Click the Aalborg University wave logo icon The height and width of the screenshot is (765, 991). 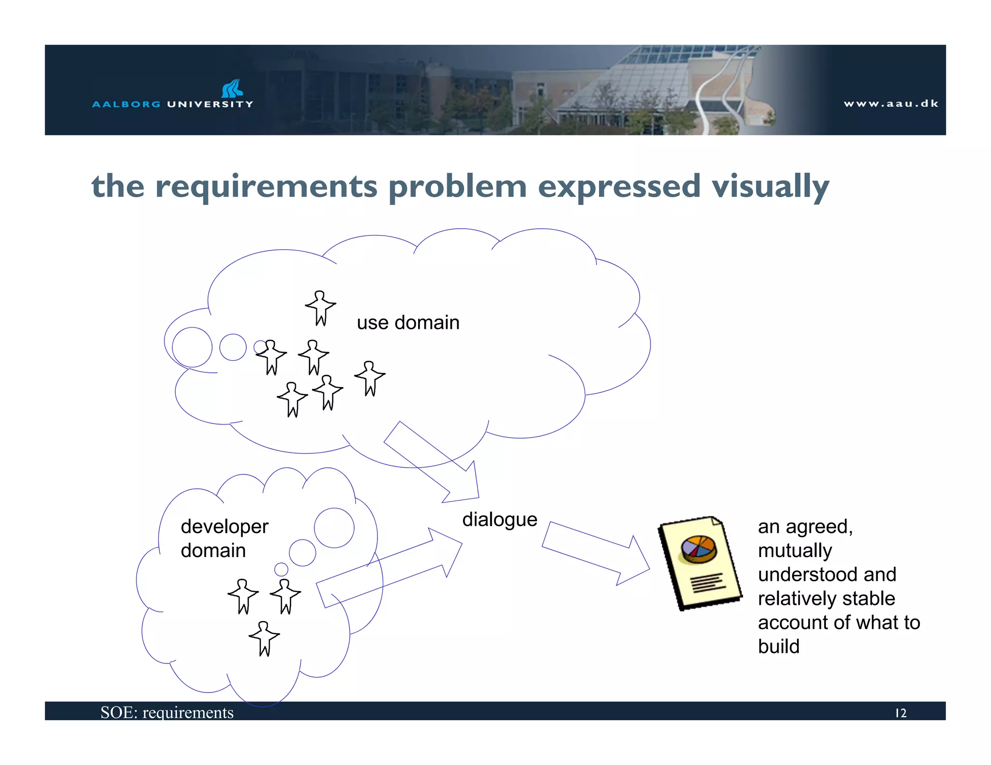point(232,88)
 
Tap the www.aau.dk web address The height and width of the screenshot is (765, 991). point(890,103)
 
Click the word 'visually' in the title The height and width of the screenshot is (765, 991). point(770,187)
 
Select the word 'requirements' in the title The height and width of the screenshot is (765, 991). point(266,187)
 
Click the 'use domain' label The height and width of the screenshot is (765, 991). point(408,323)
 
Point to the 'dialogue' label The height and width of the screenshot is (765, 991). point(499,520)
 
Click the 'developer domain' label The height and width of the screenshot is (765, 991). point(224,538)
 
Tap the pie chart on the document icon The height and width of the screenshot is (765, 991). point(698,549)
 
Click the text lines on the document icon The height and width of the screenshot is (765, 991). point(708,583)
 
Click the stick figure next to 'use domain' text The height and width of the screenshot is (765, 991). point(320,308)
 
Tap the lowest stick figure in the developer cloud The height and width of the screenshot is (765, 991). point(264,638)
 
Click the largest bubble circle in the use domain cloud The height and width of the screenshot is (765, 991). point(192,347)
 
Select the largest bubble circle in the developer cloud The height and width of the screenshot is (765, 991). point(334,528)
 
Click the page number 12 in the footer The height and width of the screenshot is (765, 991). point(900,713)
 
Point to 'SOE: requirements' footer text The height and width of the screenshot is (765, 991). point(167,712)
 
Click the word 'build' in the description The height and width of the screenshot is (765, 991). point(779,647)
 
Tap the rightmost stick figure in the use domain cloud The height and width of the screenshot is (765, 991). point(370,378)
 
